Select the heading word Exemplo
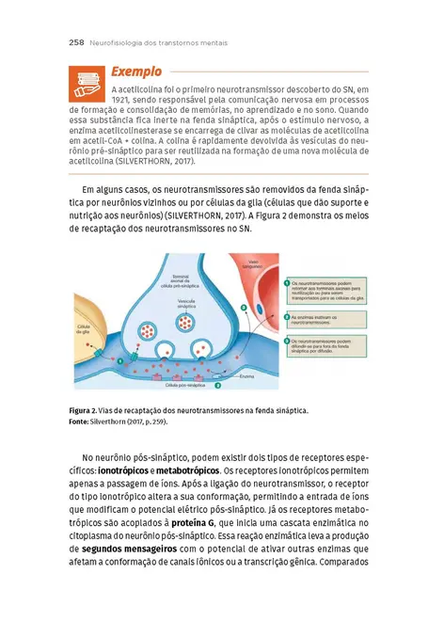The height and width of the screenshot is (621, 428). [x=135, y=72]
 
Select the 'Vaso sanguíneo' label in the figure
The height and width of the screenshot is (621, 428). [x=260, y=264]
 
